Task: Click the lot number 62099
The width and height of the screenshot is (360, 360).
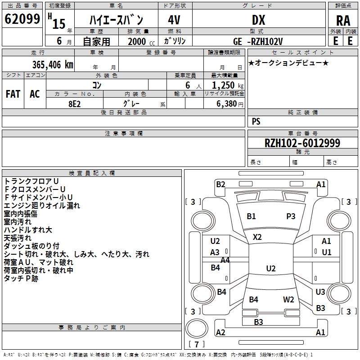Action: pos(22,19)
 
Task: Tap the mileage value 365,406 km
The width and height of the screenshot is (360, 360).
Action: pos(53,65)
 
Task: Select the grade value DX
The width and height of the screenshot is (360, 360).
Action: pos(258,20)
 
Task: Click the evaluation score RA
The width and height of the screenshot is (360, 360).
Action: pos(343,21)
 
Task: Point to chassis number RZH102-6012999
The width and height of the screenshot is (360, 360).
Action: pos(302,143)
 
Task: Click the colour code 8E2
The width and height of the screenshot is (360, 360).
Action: pos(75,104)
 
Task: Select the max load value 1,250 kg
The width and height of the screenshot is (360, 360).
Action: pos(228,85)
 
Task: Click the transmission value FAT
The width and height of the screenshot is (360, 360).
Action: pos(13,94)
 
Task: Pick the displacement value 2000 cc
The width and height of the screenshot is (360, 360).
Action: pos(141,42)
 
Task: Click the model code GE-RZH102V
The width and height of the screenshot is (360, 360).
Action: pos(258,42)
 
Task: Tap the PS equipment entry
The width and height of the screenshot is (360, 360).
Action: pos(256,121)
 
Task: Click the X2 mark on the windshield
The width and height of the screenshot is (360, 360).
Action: pos(257,237)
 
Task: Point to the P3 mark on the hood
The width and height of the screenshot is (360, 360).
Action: pos(291,216)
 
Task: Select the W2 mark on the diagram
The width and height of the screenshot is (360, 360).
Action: pos(288,300)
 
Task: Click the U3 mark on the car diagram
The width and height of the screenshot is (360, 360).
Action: pos(320,292)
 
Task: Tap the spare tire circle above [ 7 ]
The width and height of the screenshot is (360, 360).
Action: pos(197,328)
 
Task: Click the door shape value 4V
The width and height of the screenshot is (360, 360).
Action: pos(174,20)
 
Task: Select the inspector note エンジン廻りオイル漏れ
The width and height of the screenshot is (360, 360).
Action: pos(42,206)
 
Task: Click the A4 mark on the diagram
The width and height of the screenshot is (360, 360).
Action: pos(225,260)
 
